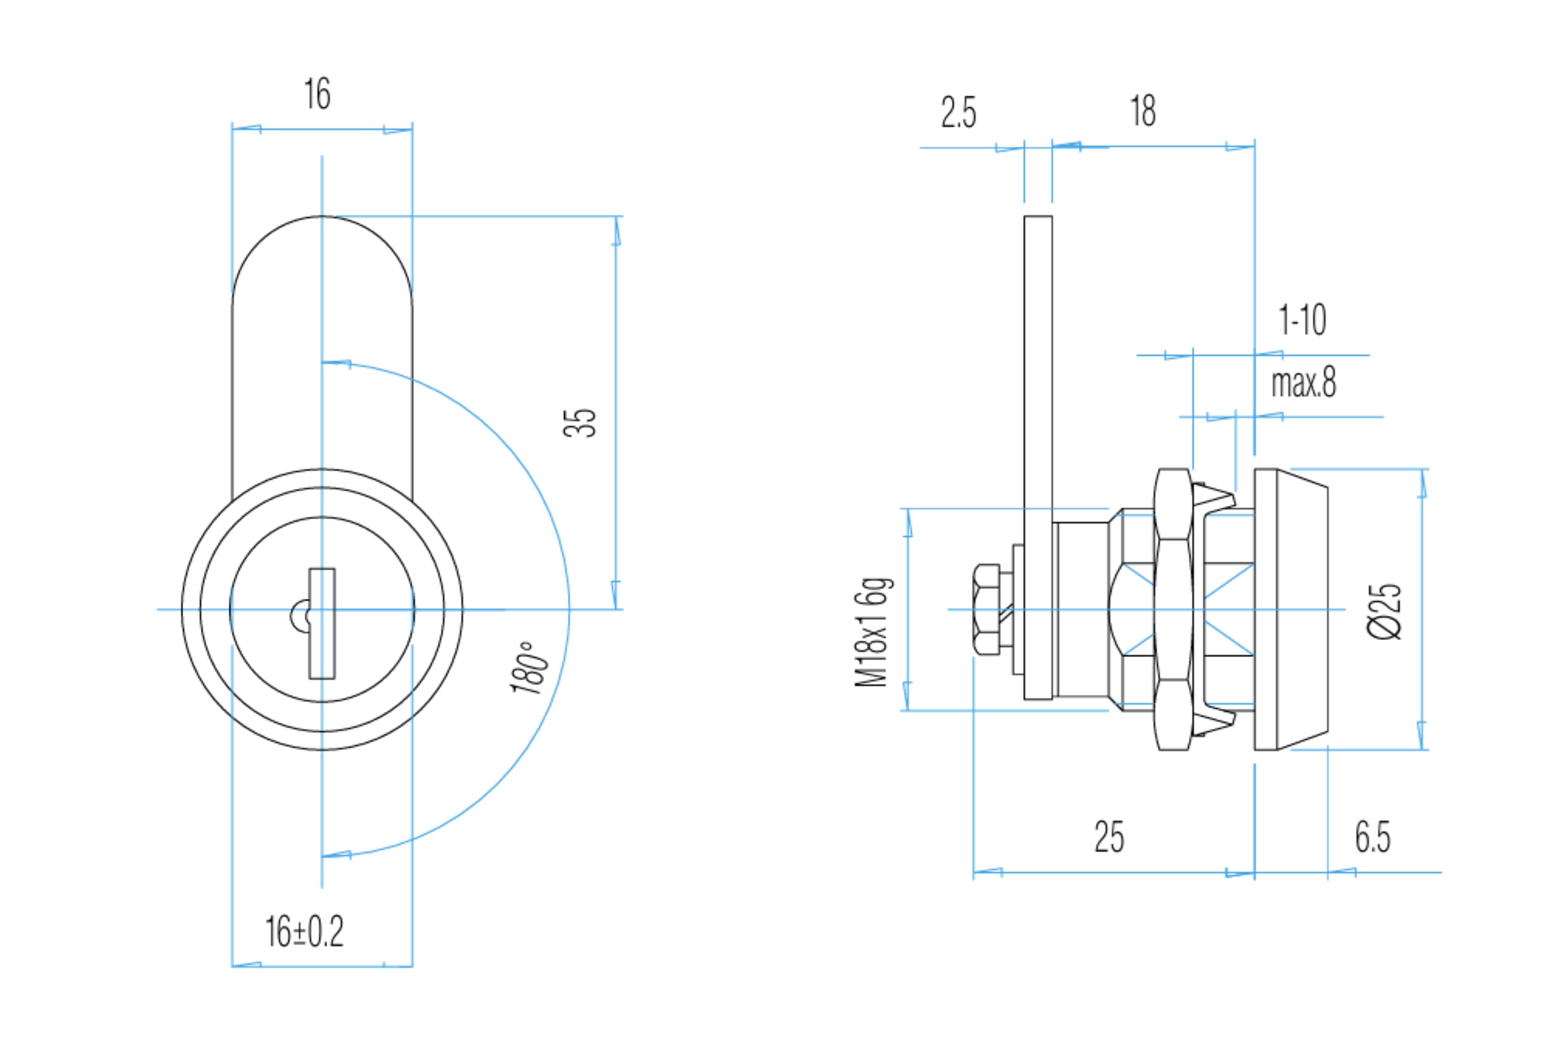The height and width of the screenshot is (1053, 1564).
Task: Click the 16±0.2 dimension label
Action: (304, 931)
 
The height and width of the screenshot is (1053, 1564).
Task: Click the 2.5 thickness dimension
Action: (958, 112)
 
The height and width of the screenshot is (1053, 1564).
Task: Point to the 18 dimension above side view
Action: (1143, 111)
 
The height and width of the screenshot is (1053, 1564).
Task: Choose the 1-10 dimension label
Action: (1302, 320)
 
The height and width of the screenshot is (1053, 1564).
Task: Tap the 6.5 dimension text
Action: (1373, 837)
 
